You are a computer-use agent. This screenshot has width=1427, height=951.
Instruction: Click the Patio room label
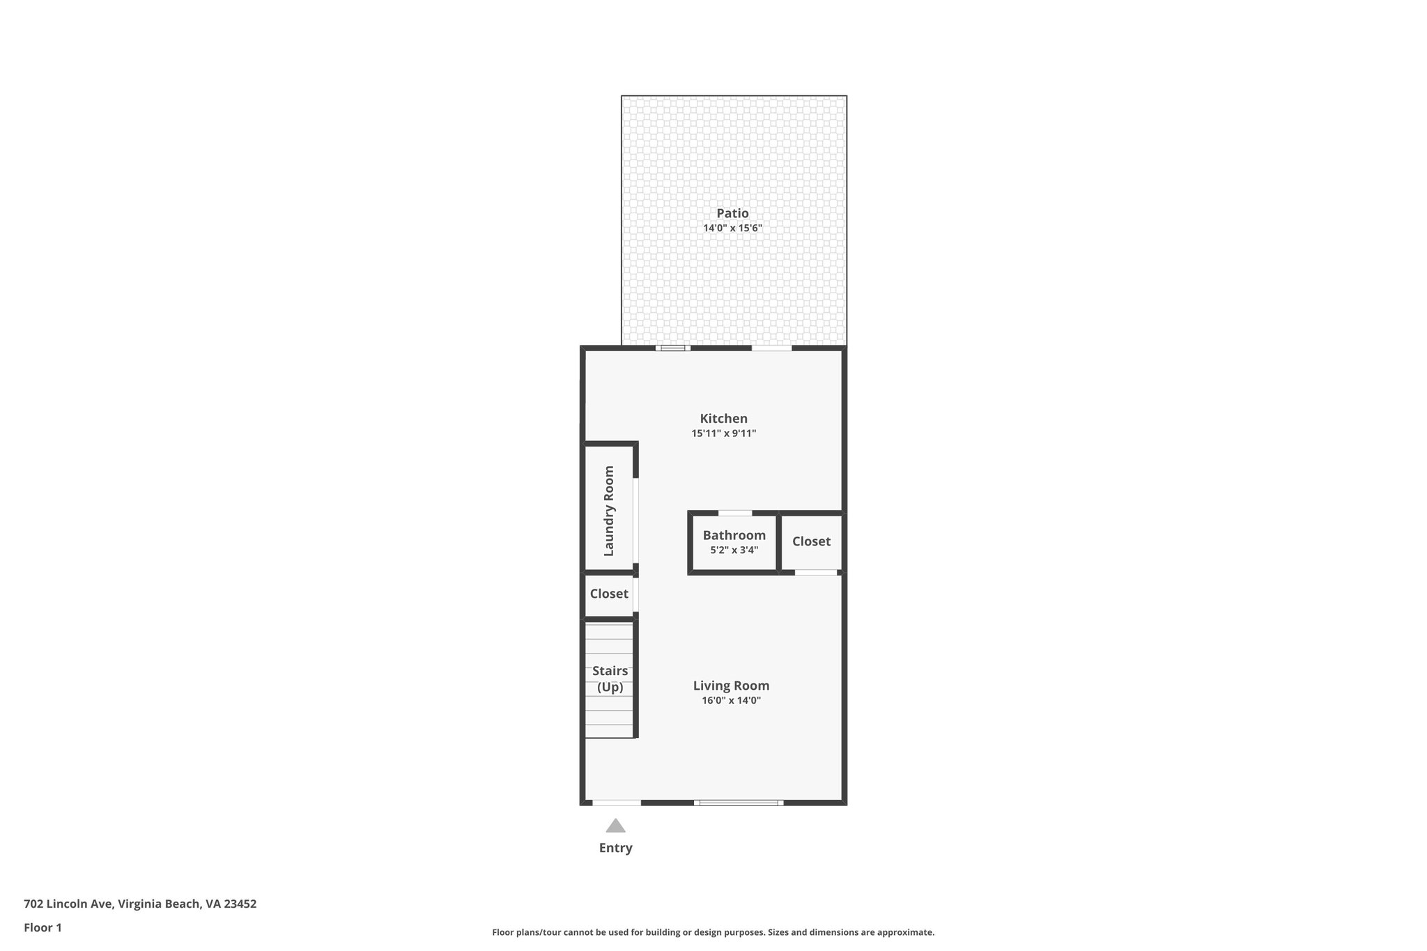pos(732,213)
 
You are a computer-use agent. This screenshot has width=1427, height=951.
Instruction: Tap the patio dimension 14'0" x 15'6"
pos(732,229)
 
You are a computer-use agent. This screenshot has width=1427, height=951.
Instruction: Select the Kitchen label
pos(723,418)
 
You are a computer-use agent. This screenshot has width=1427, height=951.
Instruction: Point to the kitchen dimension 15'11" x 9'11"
pos(723,433)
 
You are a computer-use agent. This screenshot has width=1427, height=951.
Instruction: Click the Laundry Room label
pos(609,511)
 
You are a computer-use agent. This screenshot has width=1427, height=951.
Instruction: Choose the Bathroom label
pos(734,535)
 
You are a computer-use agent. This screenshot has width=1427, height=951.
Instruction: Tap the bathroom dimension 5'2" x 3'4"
pos(734,550)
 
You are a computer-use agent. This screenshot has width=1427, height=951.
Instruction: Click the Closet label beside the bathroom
pos(811,541)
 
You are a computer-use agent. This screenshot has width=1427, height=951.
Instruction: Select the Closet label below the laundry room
pos(609,594)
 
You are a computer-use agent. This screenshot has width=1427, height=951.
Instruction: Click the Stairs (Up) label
pos(610,679)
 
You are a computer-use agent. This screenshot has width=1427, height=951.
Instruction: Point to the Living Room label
pos(731,686)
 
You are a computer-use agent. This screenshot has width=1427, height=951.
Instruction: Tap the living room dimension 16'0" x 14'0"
pos(731,701)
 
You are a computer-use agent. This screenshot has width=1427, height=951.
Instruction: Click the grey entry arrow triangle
pos(615,826)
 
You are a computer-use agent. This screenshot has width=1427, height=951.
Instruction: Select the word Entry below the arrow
pos(615,848)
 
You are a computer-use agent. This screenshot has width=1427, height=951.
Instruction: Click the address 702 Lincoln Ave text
pos(140,904)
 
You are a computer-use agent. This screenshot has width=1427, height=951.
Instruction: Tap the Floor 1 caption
pos(43,927)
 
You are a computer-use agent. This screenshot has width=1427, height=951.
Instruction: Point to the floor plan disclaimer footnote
pos(713,932)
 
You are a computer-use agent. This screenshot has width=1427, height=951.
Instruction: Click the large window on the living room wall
pos(739,803)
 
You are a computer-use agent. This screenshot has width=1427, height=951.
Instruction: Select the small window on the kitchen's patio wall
pos(672,348)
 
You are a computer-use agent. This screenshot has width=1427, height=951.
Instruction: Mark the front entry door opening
pos(617,803)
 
